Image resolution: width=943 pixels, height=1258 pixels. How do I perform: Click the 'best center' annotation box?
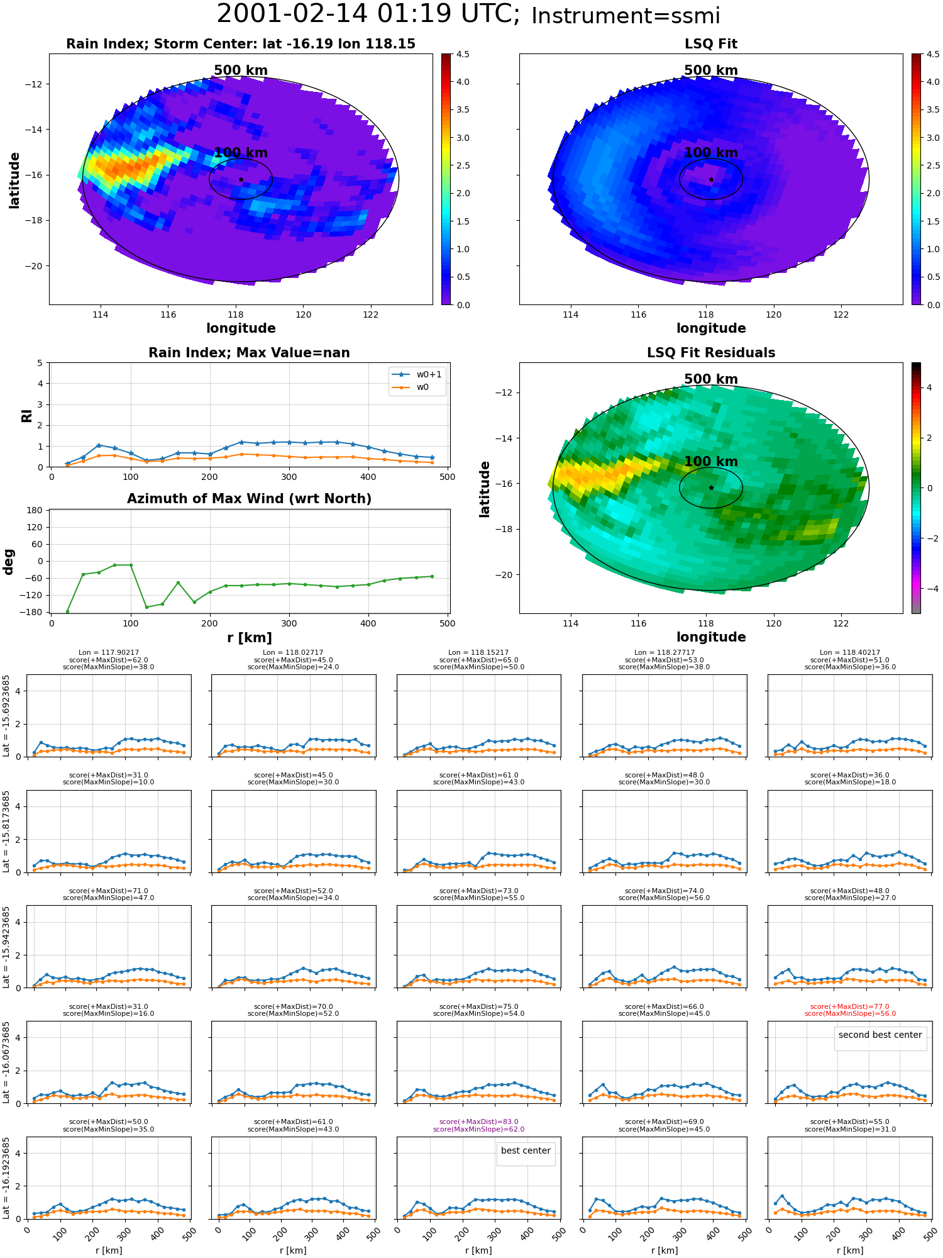pyautogui.click(x=526, y=1150)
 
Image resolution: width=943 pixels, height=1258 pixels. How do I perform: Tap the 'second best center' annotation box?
pyautogui.click(x=880, y=1035)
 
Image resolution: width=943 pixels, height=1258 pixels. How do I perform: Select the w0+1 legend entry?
pyautogui.click(x=417, y=374)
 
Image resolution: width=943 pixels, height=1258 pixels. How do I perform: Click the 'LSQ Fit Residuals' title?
pyautogui.click(x=711, y=353)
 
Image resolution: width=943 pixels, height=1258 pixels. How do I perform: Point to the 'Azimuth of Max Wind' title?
pyautogui.click(x=250, y=499)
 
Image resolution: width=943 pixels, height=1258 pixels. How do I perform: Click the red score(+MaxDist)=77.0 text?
pyautogui.click(x=850, y=1006)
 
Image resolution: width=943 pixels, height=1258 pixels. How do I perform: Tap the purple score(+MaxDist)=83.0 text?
pyautogui.click(x=479, y=1122)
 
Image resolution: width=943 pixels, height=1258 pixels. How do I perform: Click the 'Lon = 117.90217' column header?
pyautogui.click(x=109, y=653)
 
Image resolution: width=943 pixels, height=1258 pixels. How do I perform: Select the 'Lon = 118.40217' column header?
pyautogui.click(x=850, y=653)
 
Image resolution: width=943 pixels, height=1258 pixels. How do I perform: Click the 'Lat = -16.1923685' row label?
pyautogui.click(x=6, y=1177)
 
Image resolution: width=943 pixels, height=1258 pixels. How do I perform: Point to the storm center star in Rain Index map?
pyautogui.click(x=241, y=180)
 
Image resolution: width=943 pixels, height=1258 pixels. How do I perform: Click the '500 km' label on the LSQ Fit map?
pyautogui.click(x=711, y=70)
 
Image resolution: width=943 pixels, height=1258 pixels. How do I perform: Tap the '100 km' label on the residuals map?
pyautogui.click(x=711, y=461)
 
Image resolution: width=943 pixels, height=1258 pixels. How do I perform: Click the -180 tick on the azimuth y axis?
pyautogui.click(x=35, y=612)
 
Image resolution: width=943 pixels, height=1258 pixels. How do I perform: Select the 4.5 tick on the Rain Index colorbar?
pyautogui.click(x=463, y=54)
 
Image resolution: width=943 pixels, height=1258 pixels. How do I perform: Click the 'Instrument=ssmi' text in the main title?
pyautogui.click(x=626, y=16)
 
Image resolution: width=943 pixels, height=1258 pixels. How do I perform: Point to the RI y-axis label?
pyautogui.click(x=27, y=416)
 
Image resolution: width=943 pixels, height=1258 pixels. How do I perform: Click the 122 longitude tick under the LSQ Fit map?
pyautogui.click(x=841, y=314)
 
